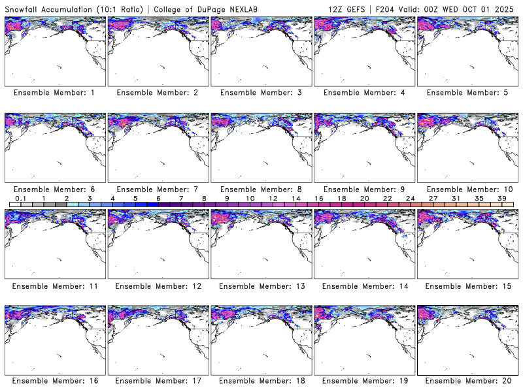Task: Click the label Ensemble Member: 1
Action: point(54,93)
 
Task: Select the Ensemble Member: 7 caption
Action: point(158,189)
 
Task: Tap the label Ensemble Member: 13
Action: point(261,285)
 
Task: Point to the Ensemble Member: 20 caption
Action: point(467,381)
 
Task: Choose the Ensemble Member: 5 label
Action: point(467,93)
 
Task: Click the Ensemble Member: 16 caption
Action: point(54,381)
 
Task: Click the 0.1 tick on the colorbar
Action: point(20,198)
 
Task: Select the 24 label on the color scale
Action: point(410,198)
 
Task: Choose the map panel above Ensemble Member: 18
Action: point(261,340)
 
